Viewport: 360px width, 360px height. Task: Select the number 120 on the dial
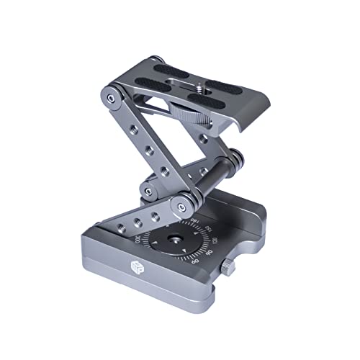click(213, 239)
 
